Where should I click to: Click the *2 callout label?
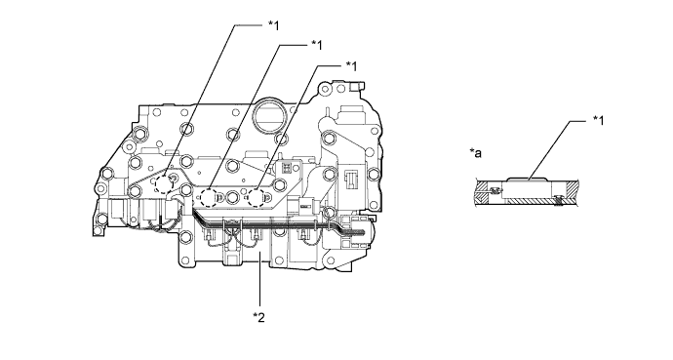(258, 317)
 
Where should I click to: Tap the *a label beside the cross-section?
(476, 152)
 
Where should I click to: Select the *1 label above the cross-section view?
(598, 121)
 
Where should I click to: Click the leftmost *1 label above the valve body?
(273, 25)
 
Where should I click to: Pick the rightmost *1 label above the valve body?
(351, 65)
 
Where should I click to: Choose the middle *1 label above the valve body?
(317, 44)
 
